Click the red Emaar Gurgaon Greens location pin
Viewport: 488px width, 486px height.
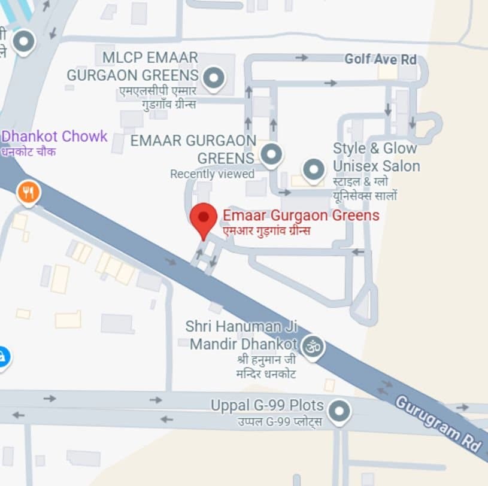tap(203, 218)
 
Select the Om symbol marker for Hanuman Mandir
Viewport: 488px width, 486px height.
tap(313, 345)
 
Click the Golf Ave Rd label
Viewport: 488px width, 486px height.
tap(380, 59)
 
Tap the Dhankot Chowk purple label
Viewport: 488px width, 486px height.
tap(54, 136)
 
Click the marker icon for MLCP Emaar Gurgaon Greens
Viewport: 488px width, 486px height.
tap(213, 78)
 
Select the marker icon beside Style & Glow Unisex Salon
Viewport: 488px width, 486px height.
tap(314, 169)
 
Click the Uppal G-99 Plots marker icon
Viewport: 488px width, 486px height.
tap(340, 412)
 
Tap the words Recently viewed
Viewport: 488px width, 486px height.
tap(212, 174)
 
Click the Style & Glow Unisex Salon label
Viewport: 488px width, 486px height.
tap(376, 157)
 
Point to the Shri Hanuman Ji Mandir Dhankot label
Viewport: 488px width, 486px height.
tap(241, 335)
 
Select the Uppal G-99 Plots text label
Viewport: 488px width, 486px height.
tap(266, 406)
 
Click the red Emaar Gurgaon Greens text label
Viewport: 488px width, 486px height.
tap(301, 215)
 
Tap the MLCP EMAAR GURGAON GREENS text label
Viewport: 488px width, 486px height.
tap(132, 66)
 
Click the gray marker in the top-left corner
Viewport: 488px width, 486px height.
tap(24, 42)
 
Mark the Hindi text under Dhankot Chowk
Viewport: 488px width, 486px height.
tap(28, 152)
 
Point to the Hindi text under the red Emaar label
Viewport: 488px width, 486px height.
tap(266, 230)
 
